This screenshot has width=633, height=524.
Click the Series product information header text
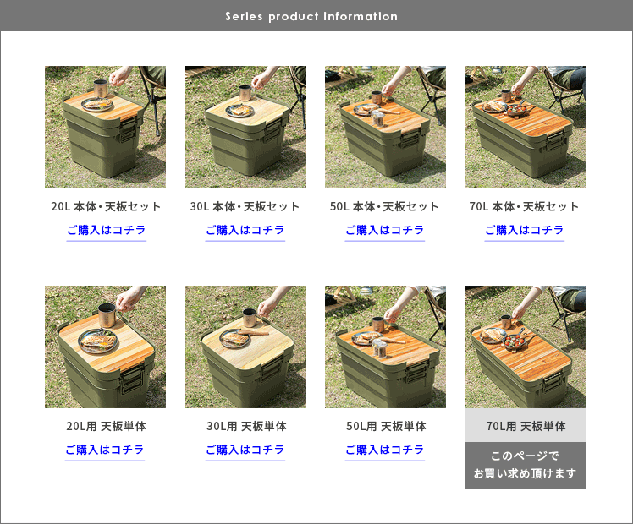[311, 16]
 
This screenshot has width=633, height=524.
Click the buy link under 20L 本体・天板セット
[106, 230]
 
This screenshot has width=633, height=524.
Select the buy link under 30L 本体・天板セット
[245, 230]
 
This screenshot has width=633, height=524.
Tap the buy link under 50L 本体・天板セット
[385, 230]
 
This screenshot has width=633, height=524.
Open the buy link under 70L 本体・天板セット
[525, 230]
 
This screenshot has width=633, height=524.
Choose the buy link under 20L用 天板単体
[105, 450]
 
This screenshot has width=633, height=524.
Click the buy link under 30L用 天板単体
[245, 450]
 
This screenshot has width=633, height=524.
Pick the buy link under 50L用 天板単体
[385, 450]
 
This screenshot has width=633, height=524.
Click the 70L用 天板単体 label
[526, 426]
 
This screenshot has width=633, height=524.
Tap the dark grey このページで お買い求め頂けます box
[525, 465]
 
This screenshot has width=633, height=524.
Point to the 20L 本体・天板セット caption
[106, 206]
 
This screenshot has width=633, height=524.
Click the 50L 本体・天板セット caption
[384, 206]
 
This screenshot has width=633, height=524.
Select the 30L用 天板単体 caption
[246, 426]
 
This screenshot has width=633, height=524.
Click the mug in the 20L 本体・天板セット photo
[101, 88]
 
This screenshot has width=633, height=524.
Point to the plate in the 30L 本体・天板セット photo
[239, 111]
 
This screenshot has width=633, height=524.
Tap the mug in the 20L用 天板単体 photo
[107, 315]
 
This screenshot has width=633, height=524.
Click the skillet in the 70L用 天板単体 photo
[514, 341]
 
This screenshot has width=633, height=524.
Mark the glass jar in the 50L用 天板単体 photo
[378, 348]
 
